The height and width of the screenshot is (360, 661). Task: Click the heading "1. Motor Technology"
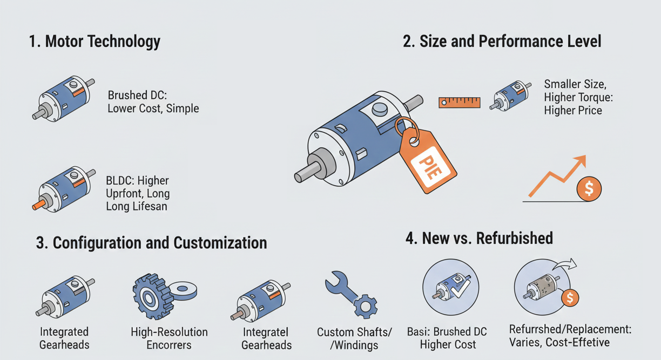95,42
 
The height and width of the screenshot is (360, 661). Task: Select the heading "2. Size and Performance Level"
502,42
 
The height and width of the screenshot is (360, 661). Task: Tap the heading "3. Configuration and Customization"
151,242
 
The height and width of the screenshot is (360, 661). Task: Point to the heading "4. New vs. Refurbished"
478,238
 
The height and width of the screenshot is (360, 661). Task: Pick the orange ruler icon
459,102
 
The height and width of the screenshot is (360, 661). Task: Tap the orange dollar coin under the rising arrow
589,188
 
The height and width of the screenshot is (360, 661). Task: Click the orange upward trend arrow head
581,160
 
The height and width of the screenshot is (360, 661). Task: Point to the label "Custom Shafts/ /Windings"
354,338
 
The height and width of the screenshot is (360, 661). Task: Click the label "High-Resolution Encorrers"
169,338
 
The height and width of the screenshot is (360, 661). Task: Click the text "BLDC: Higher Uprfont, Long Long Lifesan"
138,193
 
